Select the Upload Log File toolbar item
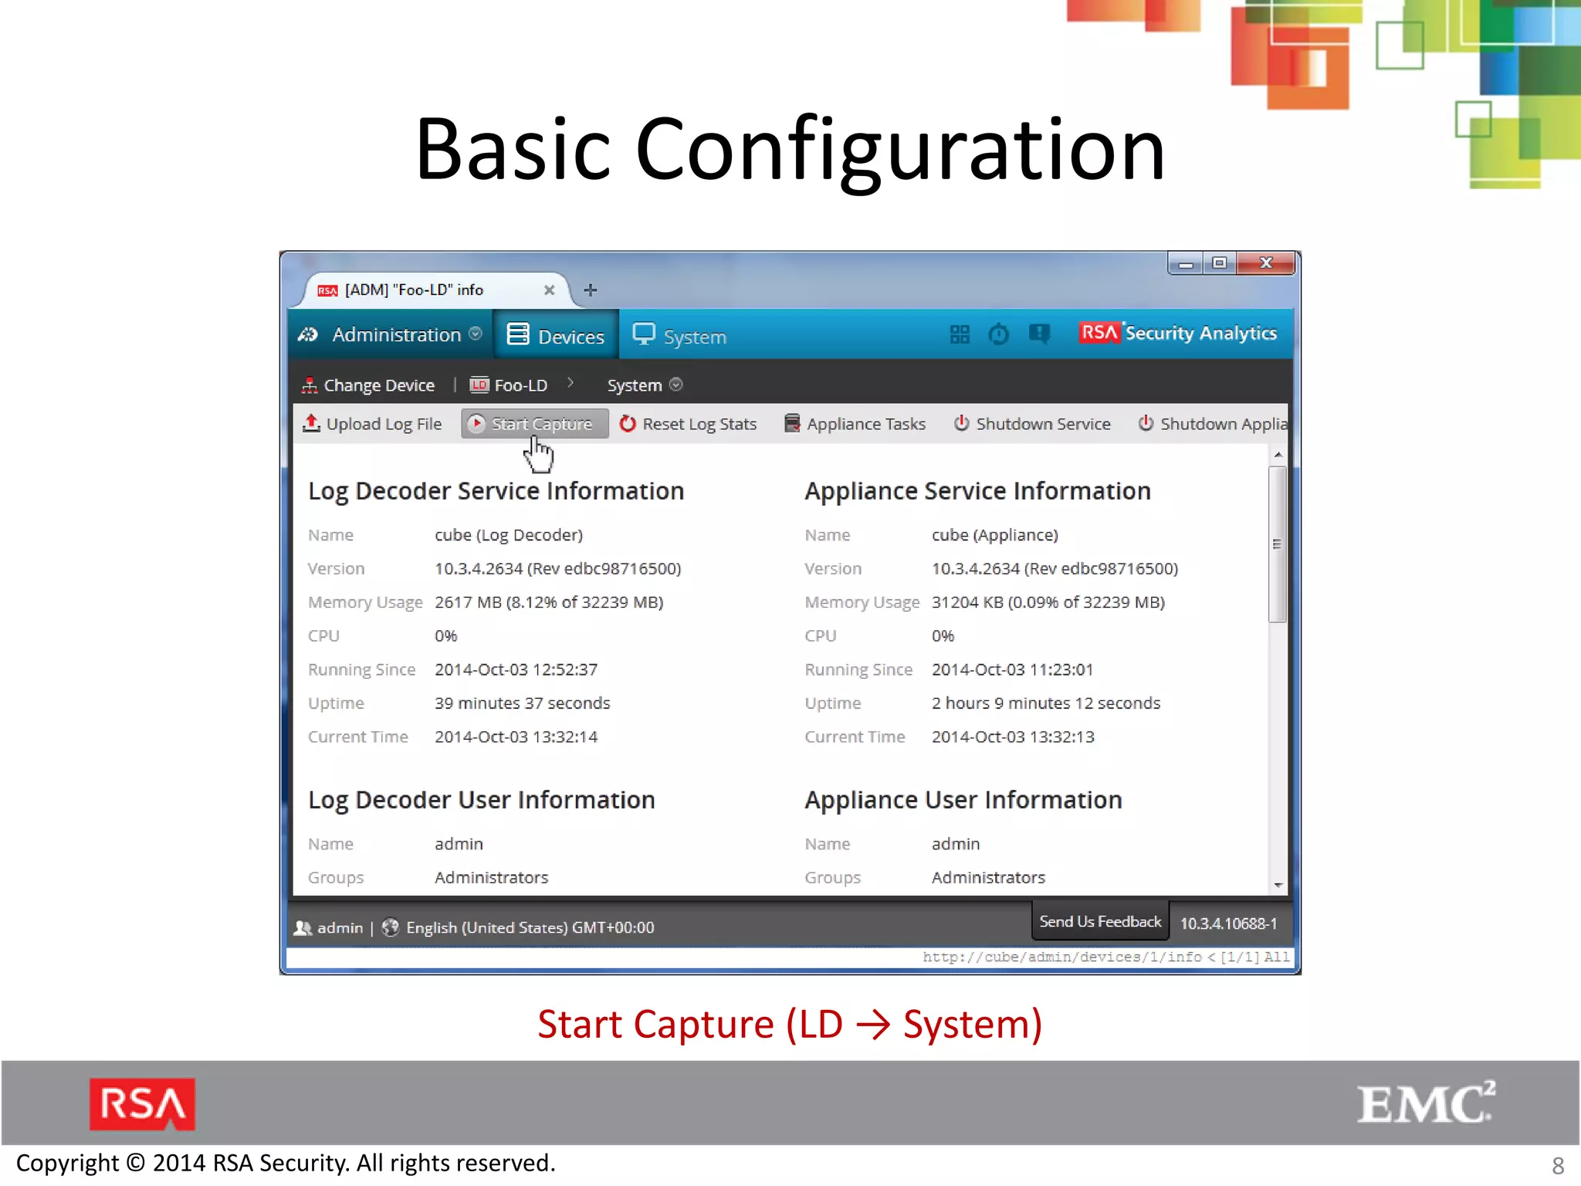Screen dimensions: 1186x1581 pos(373,424)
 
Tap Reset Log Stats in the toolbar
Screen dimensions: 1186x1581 pos(689,424)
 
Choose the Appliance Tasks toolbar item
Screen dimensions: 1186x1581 pos(855,424)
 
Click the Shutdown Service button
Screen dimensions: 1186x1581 pos(1032,424)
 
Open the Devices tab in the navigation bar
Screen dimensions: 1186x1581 pos(556,336)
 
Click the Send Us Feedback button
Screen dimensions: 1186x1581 pos(1099,922)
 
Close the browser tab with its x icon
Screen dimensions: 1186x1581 pos(549,290)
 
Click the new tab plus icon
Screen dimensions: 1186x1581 pos(591,290)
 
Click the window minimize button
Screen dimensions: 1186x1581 pos(1186,264)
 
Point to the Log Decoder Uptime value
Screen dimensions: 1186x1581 pos(522,703)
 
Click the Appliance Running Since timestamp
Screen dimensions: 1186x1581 pos(1012,669)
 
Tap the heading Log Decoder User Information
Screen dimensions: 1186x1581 pos(481,800)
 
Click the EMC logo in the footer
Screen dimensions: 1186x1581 pos(1425,1103)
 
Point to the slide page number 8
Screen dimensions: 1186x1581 pos(1558,1165)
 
